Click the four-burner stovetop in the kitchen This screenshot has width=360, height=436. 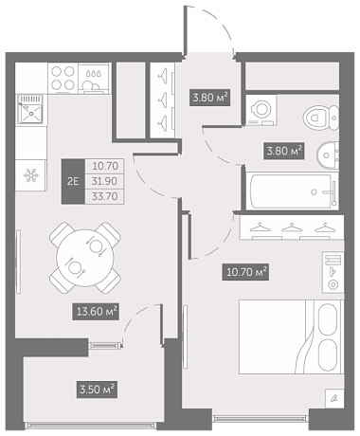[63, 78]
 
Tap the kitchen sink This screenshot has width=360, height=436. [30, 109]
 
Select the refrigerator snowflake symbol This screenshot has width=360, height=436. [31, 175]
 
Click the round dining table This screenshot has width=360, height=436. [85, 258]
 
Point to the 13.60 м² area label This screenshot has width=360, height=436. [96, 312]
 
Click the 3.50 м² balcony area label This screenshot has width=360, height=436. [98, 389]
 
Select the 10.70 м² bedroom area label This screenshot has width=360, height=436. [245, 272]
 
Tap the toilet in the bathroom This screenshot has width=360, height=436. [321, 118]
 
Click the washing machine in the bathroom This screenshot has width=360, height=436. [261, 110]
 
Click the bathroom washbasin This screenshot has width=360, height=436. [328, 155]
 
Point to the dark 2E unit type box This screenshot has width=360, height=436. [73, 181]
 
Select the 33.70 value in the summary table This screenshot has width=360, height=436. [104, 196]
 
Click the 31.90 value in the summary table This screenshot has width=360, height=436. [104, 181]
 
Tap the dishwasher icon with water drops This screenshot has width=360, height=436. [94, 79]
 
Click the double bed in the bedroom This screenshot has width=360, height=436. [291, 336]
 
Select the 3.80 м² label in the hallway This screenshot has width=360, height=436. [209, 98]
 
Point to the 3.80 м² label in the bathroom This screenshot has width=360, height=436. [284, 151]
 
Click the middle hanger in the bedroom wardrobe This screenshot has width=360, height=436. [292, 227]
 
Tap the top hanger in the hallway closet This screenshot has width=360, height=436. [163, 76]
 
